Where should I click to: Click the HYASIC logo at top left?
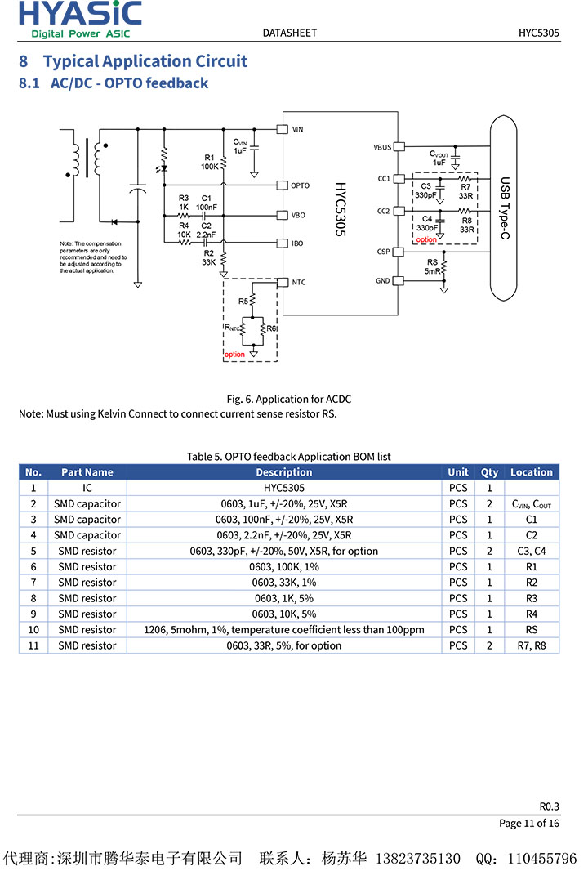pyautogui.click(x=79, y=19)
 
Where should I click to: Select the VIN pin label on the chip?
pyautogui.click(x=297, y=129)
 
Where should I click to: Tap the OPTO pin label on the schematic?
pyautogui.click(x=300, y=185)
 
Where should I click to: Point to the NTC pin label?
pyautogui.click(x=298, y=282)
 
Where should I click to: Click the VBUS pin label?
pyautogui.click(x=382, y=147)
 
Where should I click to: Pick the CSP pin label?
pyautogui.click(x=383, y=252)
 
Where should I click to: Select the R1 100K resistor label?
pyautogui.click(x=209, y=162)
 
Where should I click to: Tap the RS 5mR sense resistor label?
pyautogui.click(x=433, y=266)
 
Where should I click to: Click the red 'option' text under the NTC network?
pyautogui.click(x=234, y=355)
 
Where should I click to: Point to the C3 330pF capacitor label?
pyautogui.click(x=425, y=191)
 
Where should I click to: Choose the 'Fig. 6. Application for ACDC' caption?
pyautogui.click(x=288, y=399)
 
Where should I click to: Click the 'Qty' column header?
pyautogui.click(x=489, y=472)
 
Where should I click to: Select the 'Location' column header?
pyautogui.click(x=532, y=472)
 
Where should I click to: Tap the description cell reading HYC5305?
pyautogui.click(x=283, y=488)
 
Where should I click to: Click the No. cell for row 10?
pyautogui.click(x=33, y=630)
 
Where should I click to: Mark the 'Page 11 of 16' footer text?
pyautogui.click(x=529, y=823)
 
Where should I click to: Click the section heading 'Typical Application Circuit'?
pyautogui.click(x=145, y=61)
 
